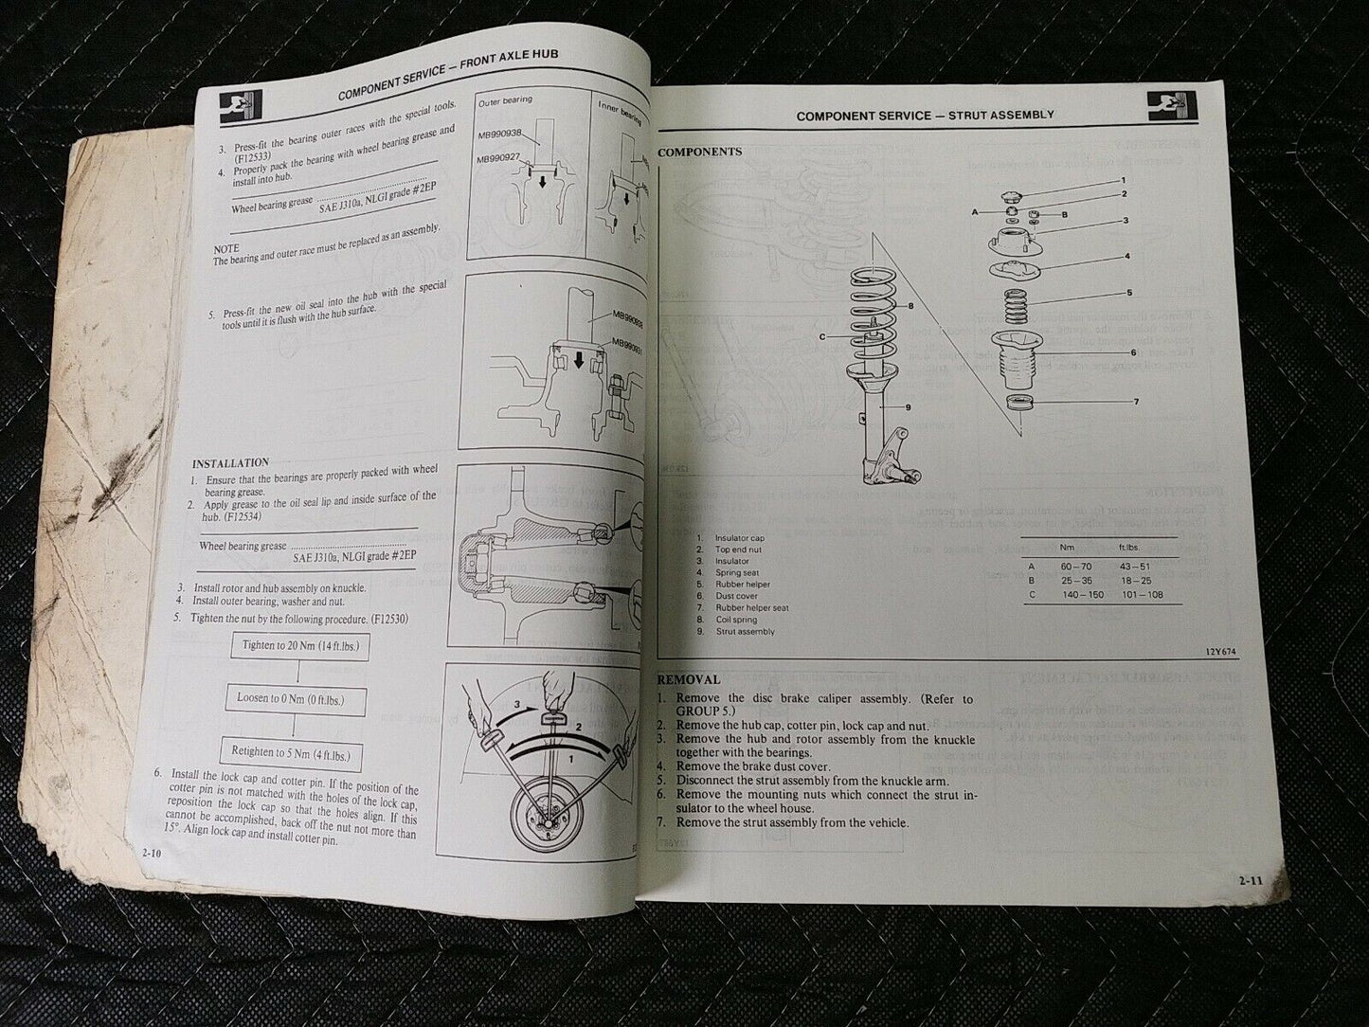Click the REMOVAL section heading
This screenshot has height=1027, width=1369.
689,679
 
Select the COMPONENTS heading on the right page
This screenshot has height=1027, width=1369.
700,152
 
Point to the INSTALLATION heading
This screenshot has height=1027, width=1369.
230,463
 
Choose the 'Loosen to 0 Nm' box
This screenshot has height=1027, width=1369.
290,699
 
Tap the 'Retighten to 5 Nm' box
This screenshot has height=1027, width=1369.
291,753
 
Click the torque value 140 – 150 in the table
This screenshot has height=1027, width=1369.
1076,595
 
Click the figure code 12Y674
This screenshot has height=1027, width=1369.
1222,652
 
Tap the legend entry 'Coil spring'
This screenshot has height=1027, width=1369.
738,620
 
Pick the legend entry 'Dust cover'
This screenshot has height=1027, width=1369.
737,596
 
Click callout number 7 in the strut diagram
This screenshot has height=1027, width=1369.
1136,402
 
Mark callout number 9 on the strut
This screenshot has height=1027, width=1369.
908,407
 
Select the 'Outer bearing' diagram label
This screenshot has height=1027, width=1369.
506,99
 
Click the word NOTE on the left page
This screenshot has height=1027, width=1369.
226,248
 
